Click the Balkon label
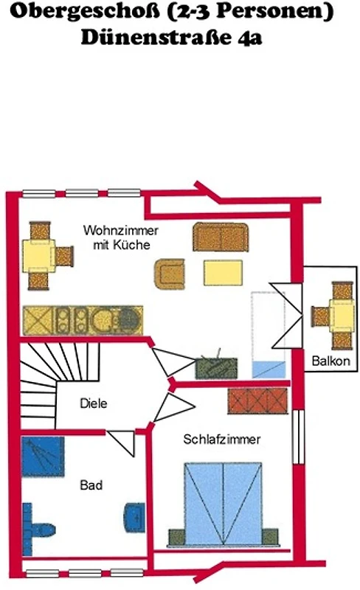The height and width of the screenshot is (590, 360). (330, 361)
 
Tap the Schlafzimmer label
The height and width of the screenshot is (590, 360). (222, 439)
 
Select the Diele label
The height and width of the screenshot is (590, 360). (94, 403)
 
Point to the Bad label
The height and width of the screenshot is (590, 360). (91, 485)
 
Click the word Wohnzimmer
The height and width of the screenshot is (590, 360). (120, 230)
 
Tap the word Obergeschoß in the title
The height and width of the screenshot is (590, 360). (85, 12)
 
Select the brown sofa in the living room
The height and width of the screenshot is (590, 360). (221, 237)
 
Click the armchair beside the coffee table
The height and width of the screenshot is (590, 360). (170, 274)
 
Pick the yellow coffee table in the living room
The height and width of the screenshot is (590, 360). (223, 273)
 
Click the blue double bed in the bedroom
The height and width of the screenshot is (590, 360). (223, 504)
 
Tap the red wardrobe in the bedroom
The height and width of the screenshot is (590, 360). (257, 401)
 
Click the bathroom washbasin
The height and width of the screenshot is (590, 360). (134, 518)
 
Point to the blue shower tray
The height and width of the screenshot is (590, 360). (43, 457)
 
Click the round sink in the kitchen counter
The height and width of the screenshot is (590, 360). (103, 320)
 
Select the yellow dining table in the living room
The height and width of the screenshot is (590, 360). (39, 256)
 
